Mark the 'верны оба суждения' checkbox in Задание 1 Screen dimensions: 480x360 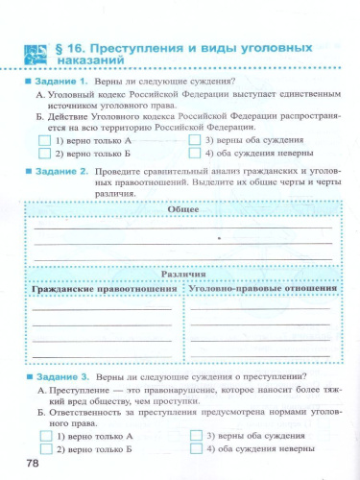(x=196, y=140)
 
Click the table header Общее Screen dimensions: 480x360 (x=182, y=209)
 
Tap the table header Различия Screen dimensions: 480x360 (x=182, y=274)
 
